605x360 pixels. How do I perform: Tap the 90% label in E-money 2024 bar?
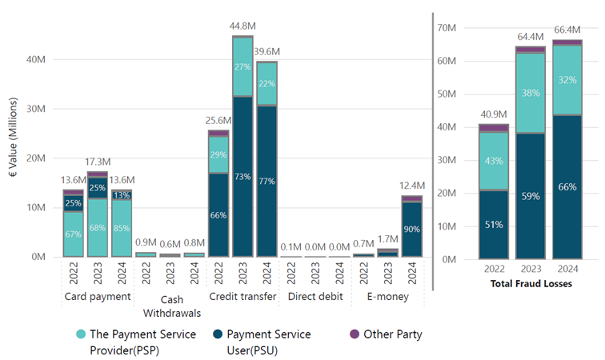(411, 229)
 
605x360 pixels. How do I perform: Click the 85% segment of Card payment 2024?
(121, 226)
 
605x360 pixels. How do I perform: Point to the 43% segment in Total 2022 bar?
(494, 161)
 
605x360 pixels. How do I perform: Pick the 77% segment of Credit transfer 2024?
(266, 182)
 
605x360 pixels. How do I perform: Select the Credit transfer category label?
(242, 297)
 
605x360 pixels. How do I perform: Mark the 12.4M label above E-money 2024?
(411, 186)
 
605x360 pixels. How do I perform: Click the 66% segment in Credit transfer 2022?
(218, 214)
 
